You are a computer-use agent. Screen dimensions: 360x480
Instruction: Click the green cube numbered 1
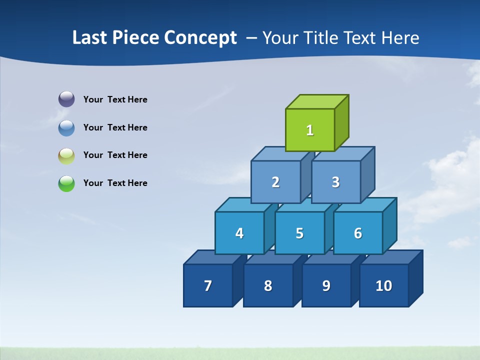(x=310, y=130)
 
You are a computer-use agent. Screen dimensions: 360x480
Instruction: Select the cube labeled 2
(x=275, y=182)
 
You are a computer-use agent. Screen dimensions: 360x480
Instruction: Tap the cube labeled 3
(x=335, y=182)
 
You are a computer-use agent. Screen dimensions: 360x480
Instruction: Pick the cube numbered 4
(x=239, y=233)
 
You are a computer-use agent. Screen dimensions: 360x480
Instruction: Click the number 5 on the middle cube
(x=299, y=233)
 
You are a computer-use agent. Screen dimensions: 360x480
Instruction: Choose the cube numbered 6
(x=358, y=233)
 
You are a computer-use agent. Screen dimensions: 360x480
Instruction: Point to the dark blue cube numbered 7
(x=208, y=285)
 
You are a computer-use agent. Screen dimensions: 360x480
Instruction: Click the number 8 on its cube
(x=268, y=286)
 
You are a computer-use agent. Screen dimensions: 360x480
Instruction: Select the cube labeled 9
(x=326, y=285)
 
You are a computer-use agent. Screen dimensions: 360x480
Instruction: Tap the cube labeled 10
(x=383, y=285)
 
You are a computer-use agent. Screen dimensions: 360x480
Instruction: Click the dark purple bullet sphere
(x=66, y=99)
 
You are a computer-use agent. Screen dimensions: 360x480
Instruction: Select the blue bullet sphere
(x=66, y=128)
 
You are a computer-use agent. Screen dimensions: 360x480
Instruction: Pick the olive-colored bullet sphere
(x=66, y=156)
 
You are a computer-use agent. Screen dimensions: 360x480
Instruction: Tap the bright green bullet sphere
(x=66, y=183)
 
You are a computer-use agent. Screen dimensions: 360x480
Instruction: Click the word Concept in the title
(x=200, y=38)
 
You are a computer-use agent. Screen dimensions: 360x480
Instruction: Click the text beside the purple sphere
(x=115, y=99)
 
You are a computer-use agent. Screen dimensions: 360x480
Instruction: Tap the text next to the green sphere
(x=115, y=183)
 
